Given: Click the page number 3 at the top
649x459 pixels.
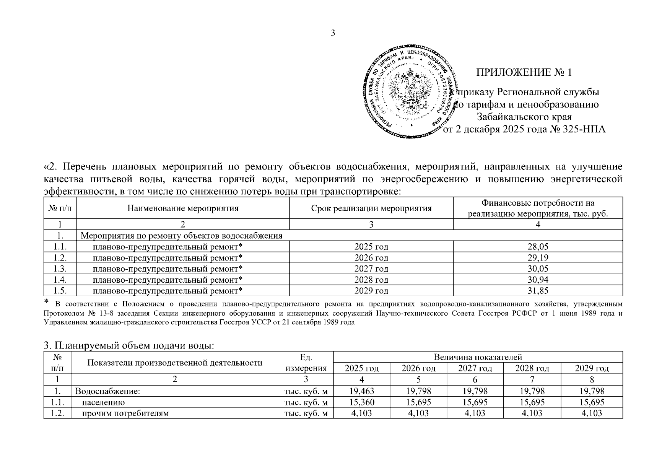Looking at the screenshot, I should [333, 33].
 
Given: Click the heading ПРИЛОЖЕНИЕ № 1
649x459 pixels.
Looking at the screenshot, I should [524, 72].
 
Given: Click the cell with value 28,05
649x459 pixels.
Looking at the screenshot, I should [538, 247].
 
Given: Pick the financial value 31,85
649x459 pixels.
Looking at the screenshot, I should [538, 291].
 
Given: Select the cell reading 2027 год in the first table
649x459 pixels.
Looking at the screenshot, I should [371, 269].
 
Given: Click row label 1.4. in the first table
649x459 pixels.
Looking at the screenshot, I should [60, 280].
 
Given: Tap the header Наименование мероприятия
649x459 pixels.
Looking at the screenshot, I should [183, 208].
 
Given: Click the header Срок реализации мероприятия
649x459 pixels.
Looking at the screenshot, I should [371, 208].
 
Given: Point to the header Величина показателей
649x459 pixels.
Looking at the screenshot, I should [478, 357].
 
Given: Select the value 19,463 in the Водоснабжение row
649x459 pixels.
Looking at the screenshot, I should [362, 391].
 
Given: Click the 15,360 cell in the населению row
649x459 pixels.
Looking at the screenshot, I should [362, 402].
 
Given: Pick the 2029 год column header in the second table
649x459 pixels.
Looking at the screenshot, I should [592, 368].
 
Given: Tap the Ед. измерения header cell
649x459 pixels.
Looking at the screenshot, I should [306, 363].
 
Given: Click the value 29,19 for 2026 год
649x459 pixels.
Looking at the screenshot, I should [538, 258].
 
